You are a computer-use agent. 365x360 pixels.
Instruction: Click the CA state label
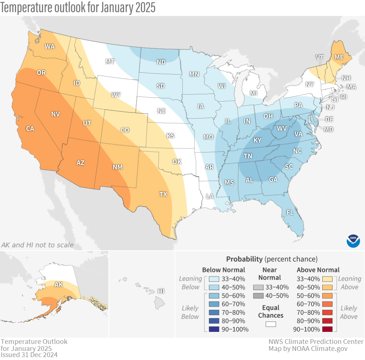pyautogui.click(x=30, y=129)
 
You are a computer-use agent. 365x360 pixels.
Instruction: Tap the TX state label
pyautogui.click(x=163, y=194)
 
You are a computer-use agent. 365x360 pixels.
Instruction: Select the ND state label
pyautogui.click(x=161, y=62)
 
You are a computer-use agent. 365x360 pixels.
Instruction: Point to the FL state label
pyautogui.click(x=290, y=212)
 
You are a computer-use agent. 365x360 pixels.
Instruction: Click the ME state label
pyautogui.click(x=339, y=57)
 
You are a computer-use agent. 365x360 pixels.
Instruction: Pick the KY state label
pyautogui.click(x=258, y=140)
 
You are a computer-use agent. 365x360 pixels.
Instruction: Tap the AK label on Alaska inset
pyautogui.click(x=58, y=284)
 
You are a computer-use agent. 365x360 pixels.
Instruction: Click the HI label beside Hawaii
pyautogui.click(x=160, y=291)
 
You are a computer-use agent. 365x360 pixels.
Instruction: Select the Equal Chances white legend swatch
pyautogui.click(x=270, y=324)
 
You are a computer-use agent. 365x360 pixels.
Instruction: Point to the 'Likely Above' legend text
pyautogui.click(x=349, y=312)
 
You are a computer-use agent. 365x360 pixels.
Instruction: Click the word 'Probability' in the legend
pyautogui.click(x=244, y=259)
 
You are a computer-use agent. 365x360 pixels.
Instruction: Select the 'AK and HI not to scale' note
pyautogui.click(x=37, y=245)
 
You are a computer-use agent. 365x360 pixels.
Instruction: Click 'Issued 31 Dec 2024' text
pyautogui.click(x=29, y=355)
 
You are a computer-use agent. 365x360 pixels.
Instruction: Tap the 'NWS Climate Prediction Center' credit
pyautogui.click(x=316, y=341)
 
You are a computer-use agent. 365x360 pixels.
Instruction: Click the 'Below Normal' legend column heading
pyautogui.click(x=223, y=270)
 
